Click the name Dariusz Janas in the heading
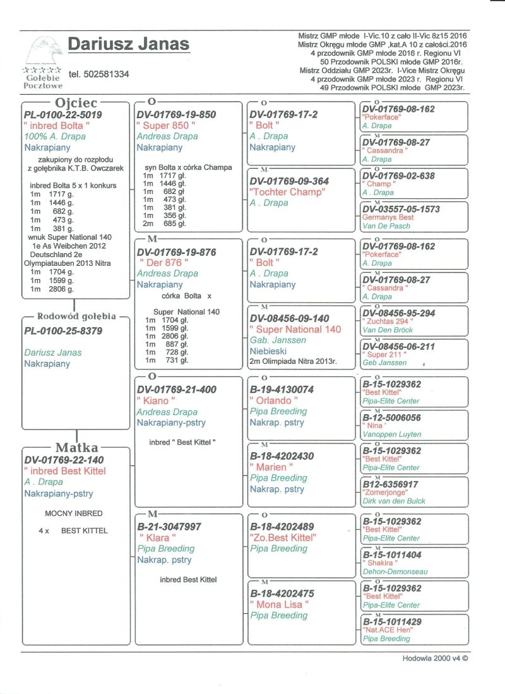128,44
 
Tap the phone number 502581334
99,75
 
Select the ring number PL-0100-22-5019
62,115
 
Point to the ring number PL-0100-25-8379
63,331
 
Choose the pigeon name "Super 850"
166,126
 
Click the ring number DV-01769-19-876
176,252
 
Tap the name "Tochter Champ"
287,192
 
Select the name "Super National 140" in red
295,329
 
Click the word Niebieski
270,351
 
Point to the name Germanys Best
388,217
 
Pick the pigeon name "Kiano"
156,400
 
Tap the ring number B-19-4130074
282,390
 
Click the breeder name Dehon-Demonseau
395,571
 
